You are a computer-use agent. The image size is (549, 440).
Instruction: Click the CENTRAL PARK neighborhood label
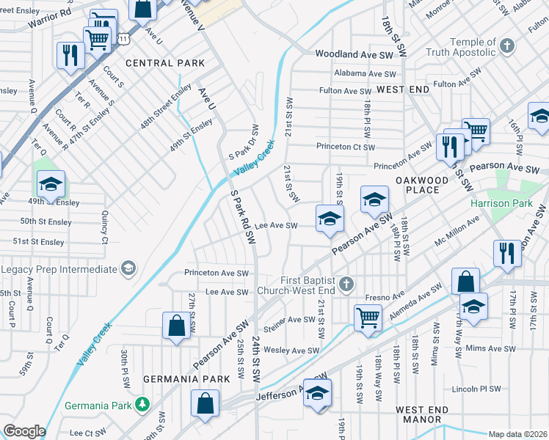tap(165, 63)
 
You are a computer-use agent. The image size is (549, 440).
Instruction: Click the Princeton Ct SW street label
tap(346, 146)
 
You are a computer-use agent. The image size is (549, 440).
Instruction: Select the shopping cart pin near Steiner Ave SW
tap(368, 318)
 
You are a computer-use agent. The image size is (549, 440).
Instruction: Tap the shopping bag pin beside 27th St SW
tap(176, 326)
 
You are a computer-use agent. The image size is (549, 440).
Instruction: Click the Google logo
tap(23, 431)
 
